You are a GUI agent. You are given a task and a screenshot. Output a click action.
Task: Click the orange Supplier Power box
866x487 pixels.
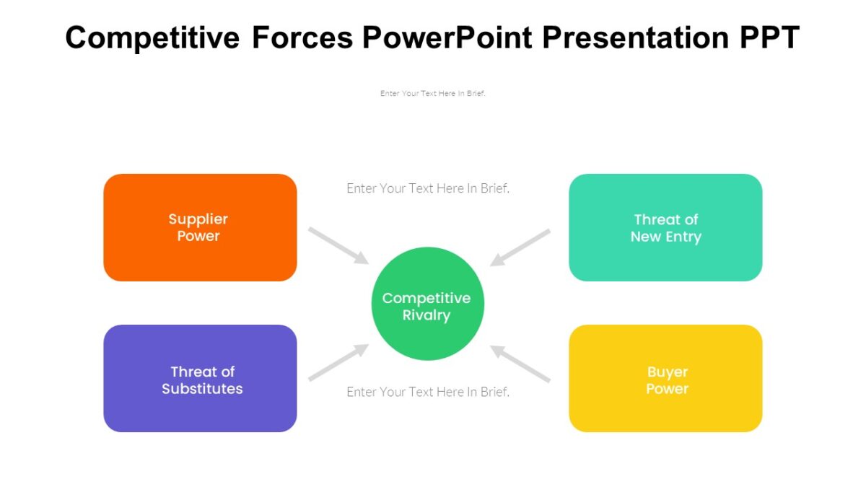pyautogui.click(x=200, y=227)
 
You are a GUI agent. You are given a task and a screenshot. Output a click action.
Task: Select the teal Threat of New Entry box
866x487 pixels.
pyautogui.click(x=665, y=227)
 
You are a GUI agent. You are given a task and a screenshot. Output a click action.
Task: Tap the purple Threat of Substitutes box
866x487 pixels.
pyautogui.click(x=200, y=379)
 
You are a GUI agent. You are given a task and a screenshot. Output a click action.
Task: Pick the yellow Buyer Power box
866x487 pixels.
pyautogui.click(x=665, y=379)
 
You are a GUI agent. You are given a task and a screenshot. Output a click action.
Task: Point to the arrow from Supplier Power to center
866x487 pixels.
pyautogui.click(x=338, y=245)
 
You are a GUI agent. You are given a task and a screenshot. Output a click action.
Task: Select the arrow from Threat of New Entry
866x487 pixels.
pyautogui.click(x=520, y=247)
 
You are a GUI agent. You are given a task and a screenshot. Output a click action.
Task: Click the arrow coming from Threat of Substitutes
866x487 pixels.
pyautogui.click(x=338, y=362)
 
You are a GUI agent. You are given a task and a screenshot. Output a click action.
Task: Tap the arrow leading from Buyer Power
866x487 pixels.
pyautogui.click(x=520, y=364)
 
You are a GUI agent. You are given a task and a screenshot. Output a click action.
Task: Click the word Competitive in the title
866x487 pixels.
pyautogui.click(x=152, y=38)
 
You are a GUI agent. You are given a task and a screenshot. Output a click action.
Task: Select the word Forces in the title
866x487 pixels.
pyautogui.click(x=302, y=38)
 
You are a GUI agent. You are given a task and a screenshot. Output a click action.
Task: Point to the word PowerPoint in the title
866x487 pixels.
pyautogui.click(x=447, y=38)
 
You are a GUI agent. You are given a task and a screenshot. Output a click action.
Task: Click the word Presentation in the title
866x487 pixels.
pyautogui.click(x=636, y=38)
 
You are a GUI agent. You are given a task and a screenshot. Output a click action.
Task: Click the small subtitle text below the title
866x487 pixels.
pyautogui.click(x=433, y=93)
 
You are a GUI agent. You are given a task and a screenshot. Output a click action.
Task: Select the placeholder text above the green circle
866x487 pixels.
pyautogui.click(x=428, y=188)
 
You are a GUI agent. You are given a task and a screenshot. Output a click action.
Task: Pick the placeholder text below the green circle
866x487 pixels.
pyautogui.click(x=428, y=392)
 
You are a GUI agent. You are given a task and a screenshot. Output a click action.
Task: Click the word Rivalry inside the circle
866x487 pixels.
pyautogui.click(x=427, y=315)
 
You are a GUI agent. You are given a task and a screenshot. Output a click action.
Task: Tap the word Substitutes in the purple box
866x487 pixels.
pyautogui.click(x=202, y=389)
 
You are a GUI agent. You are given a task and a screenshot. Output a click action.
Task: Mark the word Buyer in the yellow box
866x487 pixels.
pyautogui.click(x=668, y=372)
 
